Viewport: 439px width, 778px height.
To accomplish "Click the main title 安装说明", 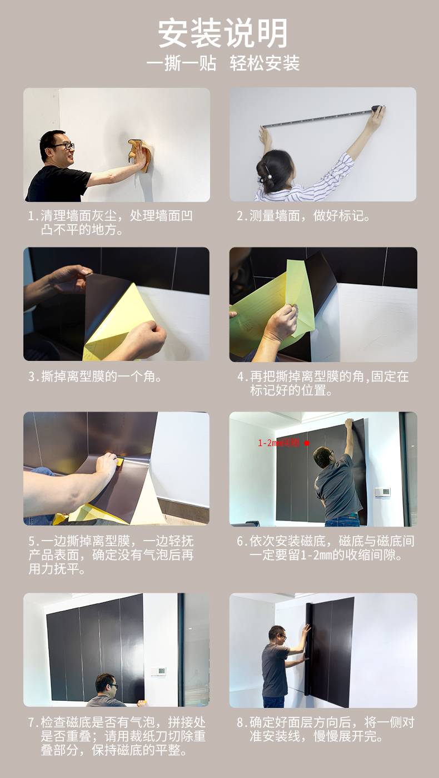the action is pyautogui.click(x=223, y=33).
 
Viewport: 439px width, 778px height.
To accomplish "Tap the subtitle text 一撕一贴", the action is pyautogui.click(x=181, y=63).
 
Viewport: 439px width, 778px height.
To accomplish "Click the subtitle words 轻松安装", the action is pyautogui.click(x=265, y=63).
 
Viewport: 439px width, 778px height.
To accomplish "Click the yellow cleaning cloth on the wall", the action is pyautogui.click(x=139, y=155).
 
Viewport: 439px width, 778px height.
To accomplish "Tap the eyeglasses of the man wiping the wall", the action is pyautogui.click(x=64, y=146).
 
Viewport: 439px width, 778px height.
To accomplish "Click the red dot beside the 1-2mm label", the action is pyautogui.click(x=307, y=443).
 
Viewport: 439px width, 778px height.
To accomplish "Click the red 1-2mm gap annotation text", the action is pyautogui.click(x=278, y=443).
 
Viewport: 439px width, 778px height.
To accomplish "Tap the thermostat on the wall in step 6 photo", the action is pyautogui.click(x=382, y=492).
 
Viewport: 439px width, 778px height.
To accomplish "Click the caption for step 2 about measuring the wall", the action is pyautogui.click(x=303, y=216).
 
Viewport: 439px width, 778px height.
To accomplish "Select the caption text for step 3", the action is pyautogui.click(x=95, y=376).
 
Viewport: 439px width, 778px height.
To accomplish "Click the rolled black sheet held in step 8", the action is pyautogui.click(x=309, y=649).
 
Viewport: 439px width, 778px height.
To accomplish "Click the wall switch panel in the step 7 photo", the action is pyautogui.click(x=158, y=671).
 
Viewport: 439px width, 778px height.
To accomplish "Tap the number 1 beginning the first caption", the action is pyautogui.click(x=32, y=216).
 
